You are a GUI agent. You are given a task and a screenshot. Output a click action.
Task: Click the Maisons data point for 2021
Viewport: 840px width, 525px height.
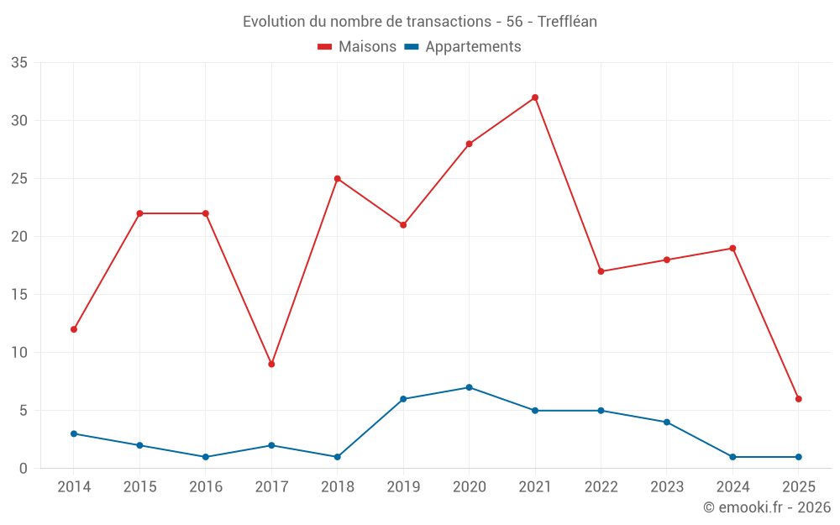[x=535, y=97]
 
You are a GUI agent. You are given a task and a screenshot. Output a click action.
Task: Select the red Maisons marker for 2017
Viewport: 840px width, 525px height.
[x=271, y=364]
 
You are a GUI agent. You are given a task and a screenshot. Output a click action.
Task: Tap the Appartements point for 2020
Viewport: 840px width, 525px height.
[x=469, y=387]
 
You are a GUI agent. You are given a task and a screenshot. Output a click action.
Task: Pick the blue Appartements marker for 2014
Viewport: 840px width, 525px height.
[x=74, y=433]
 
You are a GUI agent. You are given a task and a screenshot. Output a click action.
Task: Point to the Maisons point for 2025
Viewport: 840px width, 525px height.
[x=798, y=399]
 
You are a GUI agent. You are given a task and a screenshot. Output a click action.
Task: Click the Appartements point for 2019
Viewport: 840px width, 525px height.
[x=403, y=399]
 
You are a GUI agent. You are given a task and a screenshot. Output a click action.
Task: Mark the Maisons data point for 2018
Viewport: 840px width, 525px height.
[x=337, y=179]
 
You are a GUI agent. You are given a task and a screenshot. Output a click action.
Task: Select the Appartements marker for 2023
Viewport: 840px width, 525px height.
[x=666, y=422]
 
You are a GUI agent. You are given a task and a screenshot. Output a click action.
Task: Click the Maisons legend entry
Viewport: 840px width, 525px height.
[x=357, y=47]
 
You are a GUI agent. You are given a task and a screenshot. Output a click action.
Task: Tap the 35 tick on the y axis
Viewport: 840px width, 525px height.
[x=19, y=63]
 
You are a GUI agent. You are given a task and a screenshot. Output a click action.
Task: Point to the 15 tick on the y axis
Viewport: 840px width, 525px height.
[x=19, y=295]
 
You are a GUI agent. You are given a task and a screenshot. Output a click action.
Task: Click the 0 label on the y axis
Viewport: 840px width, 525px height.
[x=24, y=469]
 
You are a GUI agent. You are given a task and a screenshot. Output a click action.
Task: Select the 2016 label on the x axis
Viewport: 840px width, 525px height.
[x=206, y=487]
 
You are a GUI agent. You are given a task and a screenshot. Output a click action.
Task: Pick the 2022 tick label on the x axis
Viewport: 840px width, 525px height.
[x=601, y=487]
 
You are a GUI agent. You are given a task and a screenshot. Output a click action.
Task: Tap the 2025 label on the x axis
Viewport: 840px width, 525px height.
[x=798, y=487]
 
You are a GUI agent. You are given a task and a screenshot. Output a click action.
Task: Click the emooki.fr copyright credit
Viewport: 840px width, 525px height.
[x=766, y=507]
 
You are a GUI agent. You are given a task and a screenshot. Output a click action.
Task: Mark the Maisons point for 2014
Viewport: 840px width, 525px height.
[x=74, y=329]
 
